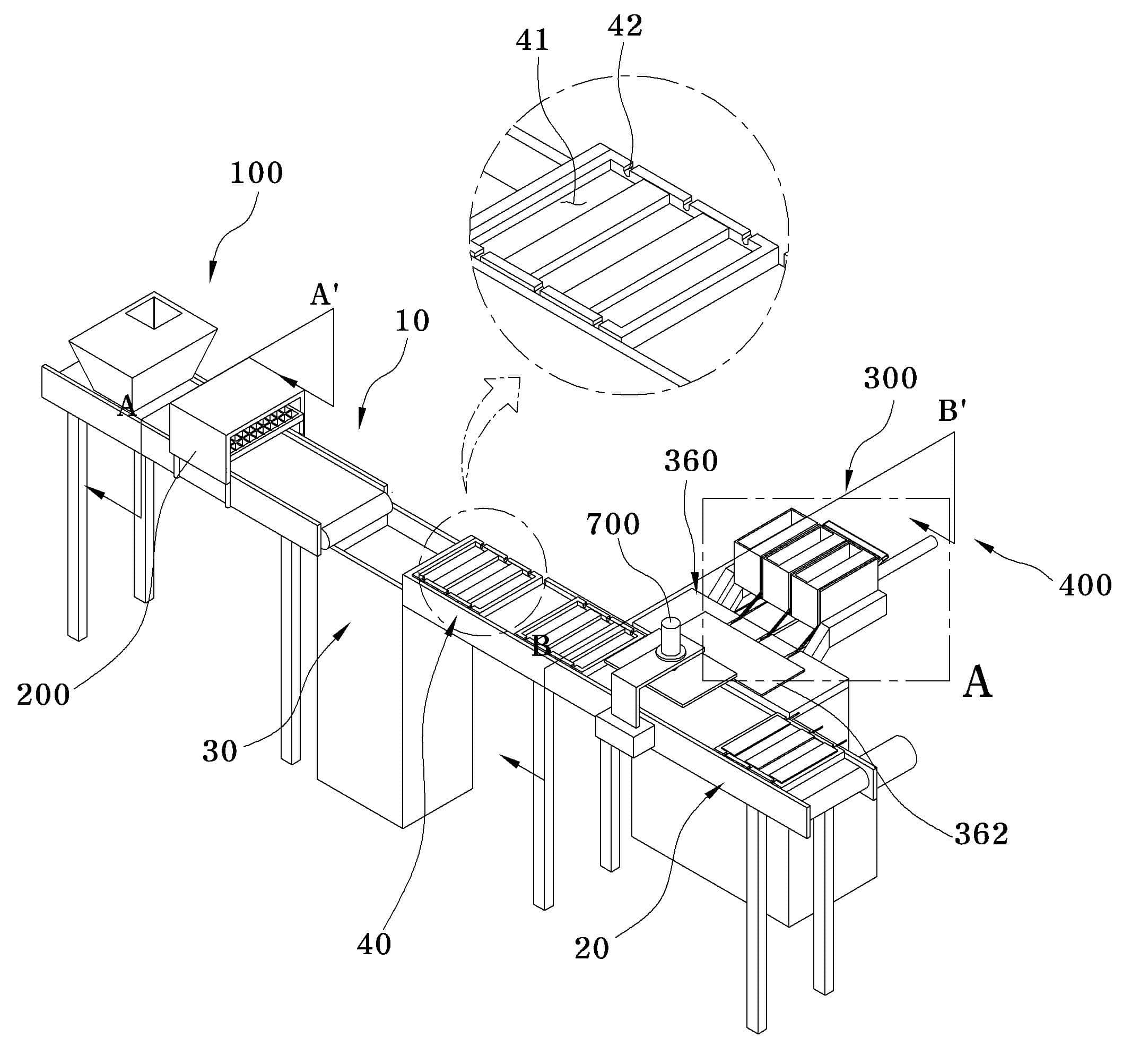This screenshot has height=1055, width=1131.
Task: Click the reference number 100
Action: (257, 173)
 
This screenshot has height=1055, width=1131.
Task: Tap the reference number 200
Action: (43, 695)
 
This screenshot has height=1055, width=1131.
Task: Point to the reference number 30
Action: (220, 751)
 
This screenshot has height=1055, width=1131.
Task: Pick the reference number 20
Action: (591, 948)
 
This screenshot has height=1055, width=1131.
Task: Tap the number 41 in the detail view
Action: (533, 40)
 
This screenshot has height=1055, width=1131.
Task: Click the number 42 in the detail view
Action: (625, 25)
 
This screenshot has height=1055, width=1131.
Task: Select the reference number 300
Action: (890, 378)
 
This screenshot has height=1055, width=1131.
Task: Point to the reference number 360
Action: (691, 461)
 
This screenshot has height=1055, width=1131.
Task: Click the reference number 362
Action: (981, 834)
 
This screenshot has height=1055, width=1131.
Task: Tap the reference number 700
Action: (613, 524)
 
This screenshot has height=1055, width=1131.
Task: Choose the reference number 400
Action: (1085, 585)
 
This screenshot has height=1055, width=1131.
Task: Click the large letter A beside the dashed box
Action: (977, 683)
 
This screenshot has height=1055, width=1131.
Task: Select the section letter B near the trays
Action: (541, 647)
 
